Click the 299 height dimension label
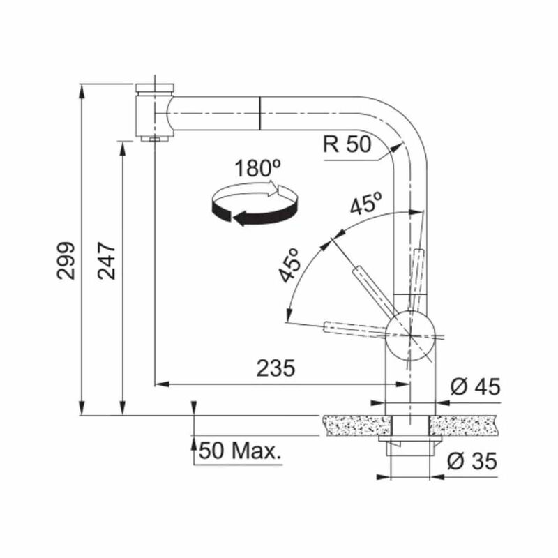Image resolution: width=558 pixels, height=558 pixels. tap(66, 260)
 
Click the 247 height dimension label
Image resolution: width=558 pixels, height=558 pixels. tap(107, 260)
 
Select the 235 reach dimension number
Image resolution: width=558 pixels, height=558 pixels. tap(276, 368)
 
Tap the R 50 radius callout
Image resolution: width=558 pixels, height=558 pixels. tap(347, 144)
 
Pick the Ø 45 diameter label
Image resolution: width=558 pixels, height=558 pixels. tap(475, 386)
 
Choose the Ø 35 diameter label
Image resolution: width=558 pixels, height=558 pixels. tap(472, 461)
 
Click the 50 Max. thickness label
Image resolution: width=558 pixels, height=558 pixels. tap(240, 451)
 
